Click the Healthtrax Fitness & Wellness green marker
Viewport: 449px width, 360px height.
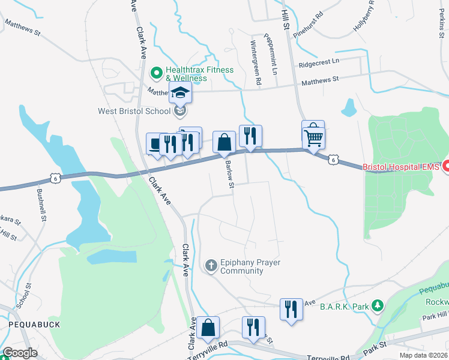point(157,73)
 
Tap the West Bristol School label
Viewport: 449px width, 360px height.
point(136,111)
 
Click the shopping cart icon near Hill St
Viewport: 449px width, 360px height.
point(314,137)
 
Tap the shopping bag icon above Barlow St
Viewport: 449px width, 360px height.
point(224,143)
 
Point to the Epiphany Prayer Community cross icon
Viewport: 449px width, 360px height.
point(211,265)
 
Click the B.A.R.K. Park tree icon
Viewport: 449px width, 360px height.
point(377,306)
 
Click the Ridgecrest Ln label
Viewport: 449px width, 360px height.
point(319,61)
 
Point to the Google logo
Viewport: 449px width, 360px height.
point(19,353)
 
